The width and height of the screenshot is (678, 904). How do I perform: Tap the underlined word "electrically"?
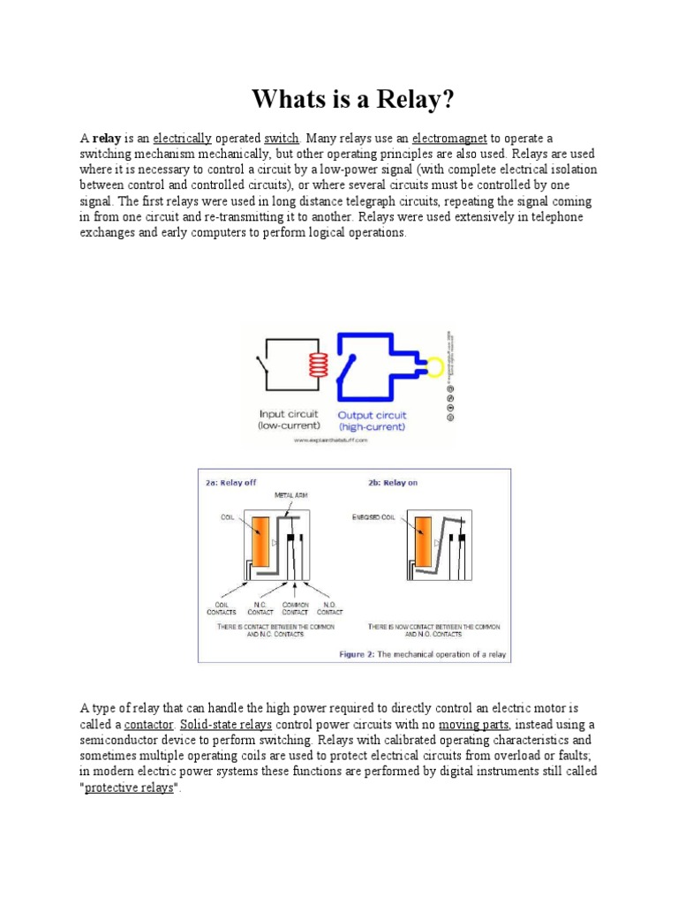pos(182,139)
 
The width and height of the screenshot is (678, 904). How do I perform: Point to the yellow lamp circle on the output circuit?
pos(433,365)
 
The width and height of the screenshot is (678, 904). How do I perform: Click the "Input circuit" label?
pos(288,414)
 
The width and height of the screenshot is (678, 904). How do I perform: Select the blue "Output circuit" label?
pos(372,414)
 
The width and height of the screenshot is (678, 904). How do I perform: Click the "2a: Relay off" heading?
pos(233,483)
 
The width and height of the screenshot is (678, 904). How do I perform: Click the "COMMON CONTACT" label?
pos(295,608)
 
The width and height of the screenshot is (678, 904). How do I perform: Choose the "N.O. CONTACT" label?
pos(329,608)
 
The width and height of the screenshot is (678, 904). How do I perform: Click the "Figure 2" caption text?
pos(424,654)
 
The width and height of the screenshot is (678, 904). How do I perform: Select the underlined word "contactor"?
pos(148,724)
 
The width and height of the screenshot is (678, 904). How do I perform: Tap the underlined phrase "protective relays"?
pos(129,787)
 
